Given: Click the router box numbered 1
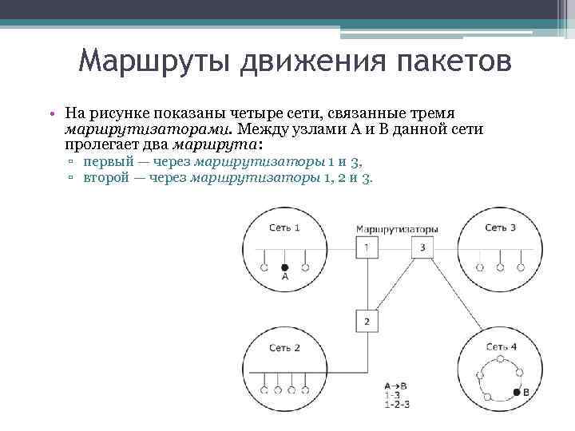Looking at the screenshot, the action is tap(366, 247).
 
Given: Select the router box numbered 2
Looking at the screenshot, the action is tap(367, 321).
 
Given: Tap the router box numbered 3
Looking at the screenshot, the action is tap(422, 247).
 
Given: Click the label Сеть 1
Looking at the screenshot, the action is tap(284, 227).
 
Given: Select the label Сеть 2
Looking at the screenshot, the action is tap(284, 348).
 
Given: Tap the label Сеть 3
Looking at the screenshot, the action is tap(500, 227).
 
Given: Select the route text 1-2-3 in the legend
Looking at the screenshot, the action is tap(396, 405).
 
